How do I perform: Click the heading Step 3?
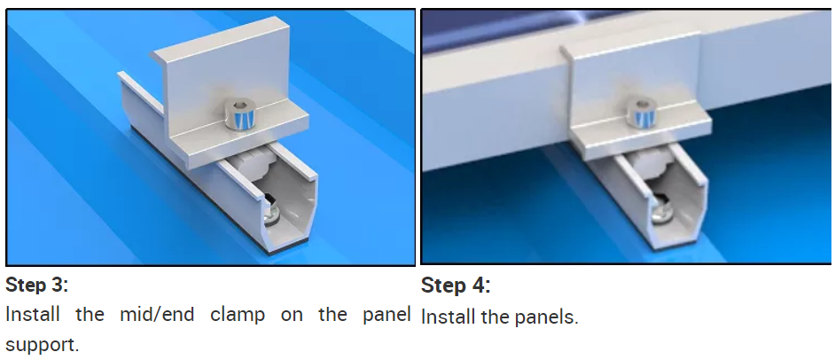36,286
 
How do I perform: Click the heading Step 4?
456,286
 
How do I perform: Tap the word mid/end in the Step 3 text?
160,316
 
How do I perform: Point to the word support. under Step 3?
42,346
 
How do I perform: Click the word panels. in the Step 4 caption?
546,318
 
